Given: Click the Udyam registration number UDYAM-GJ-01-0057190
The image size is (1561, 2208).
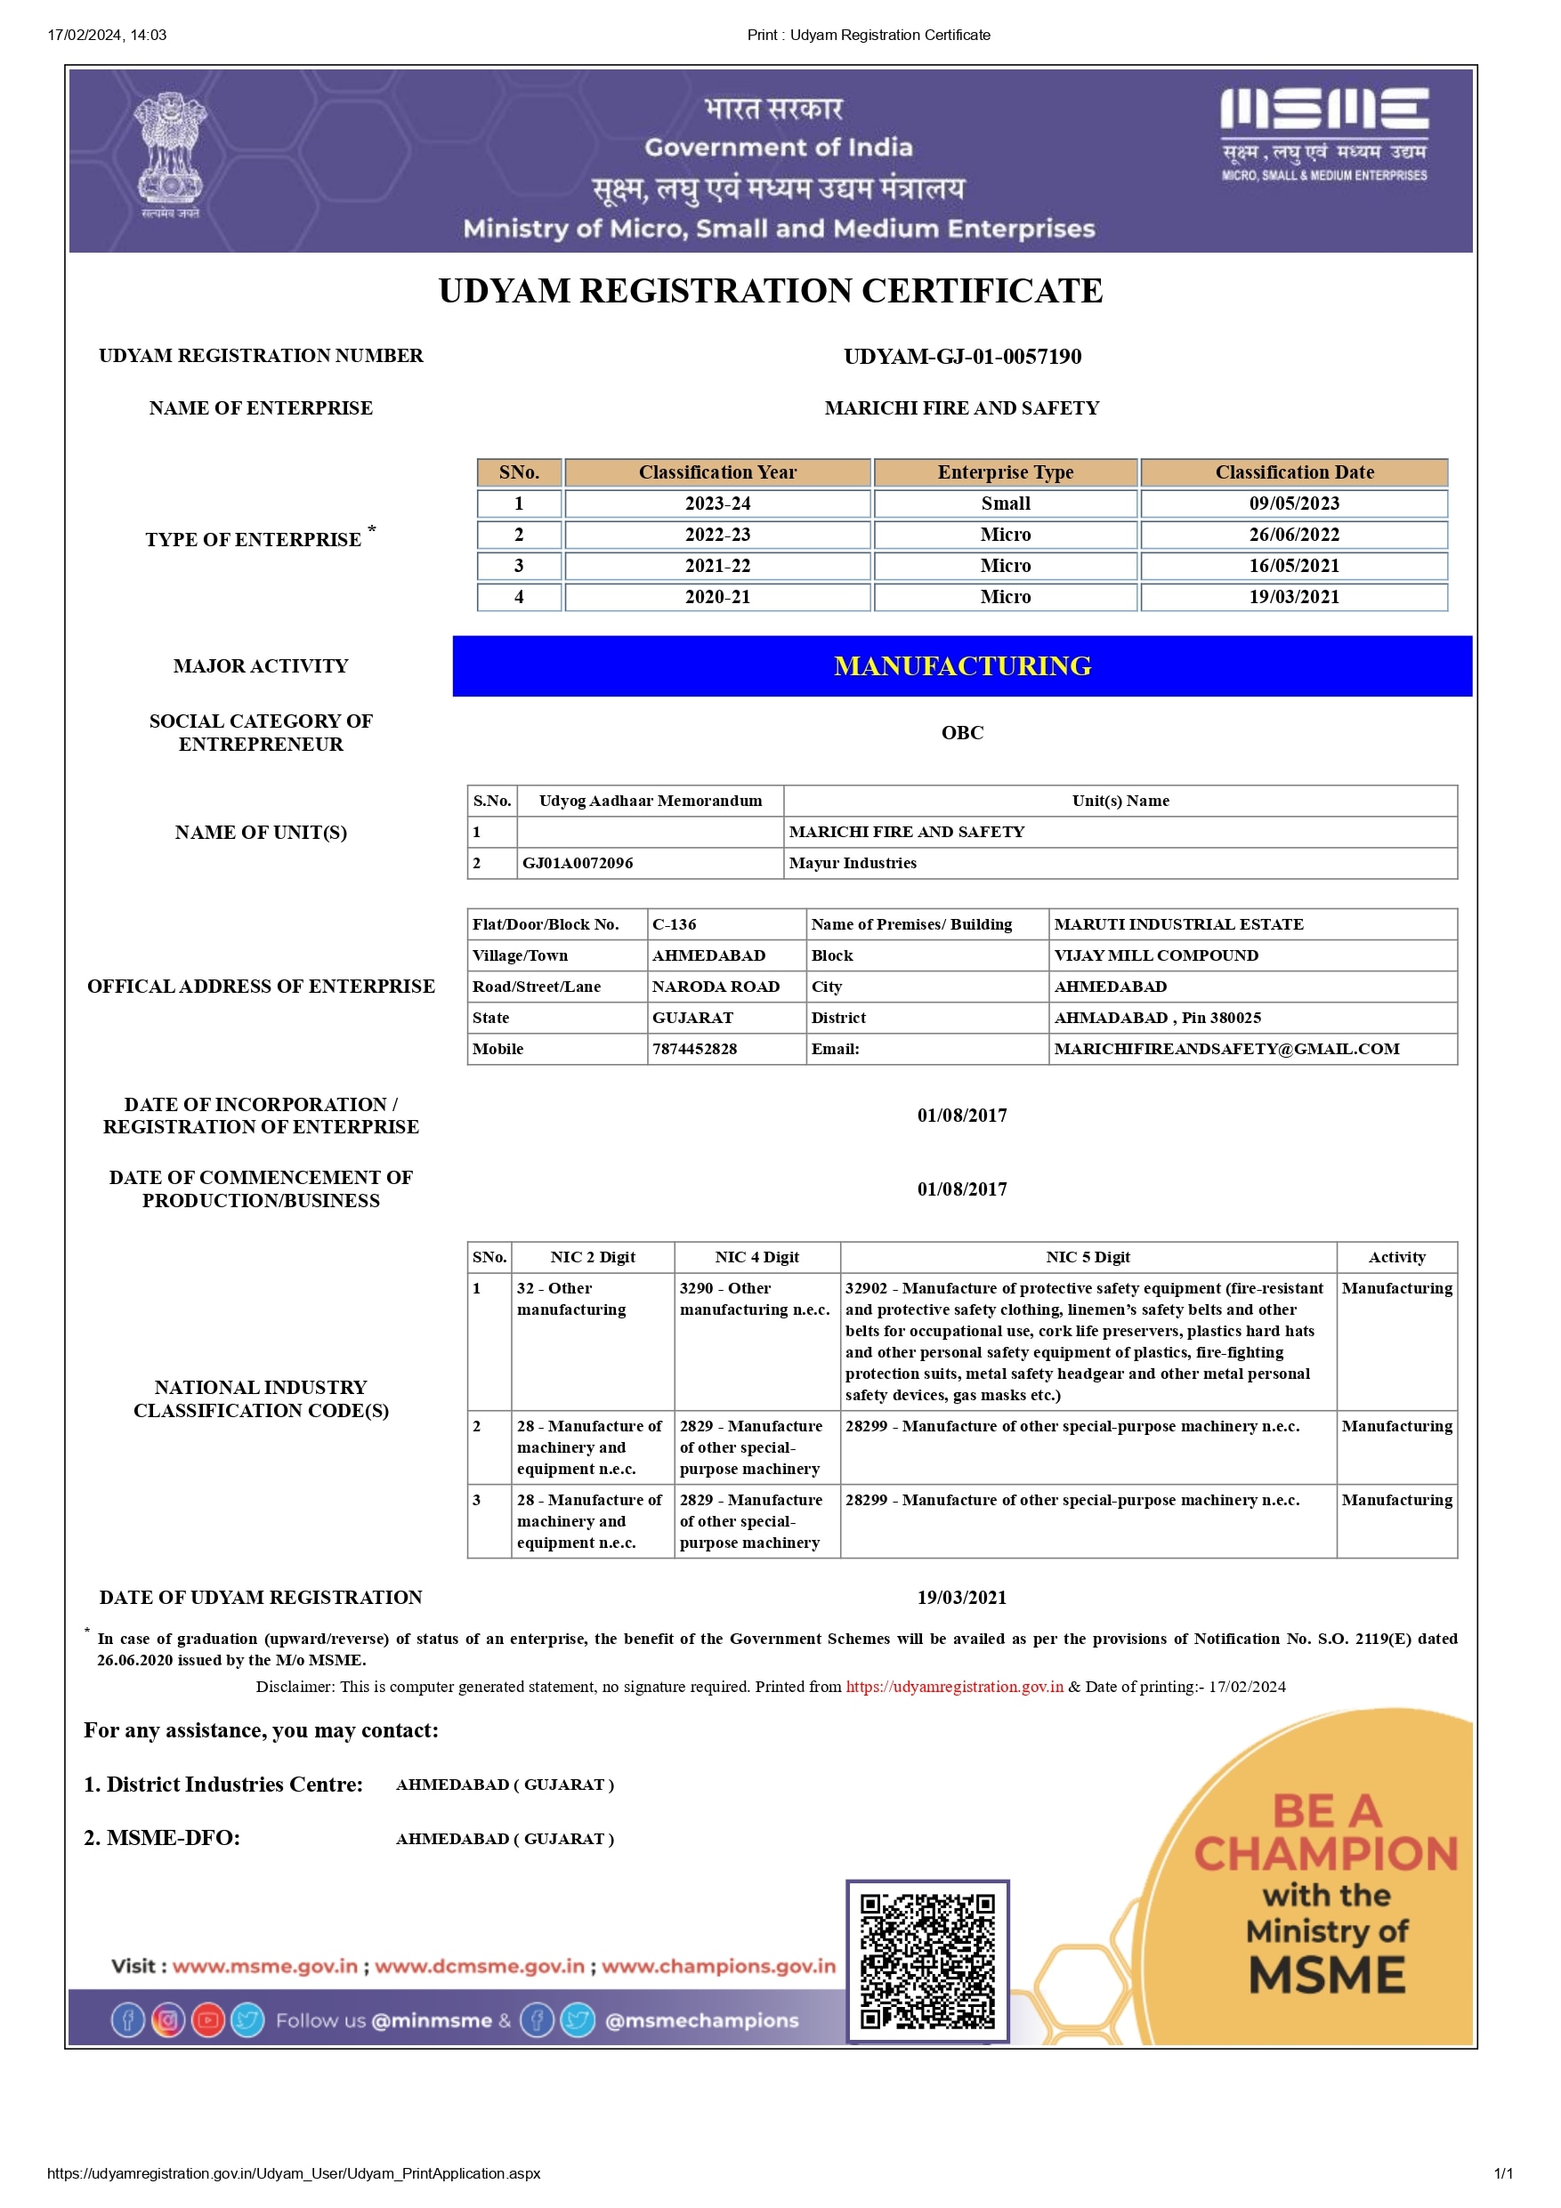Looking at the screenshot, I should click(x=962, y=357).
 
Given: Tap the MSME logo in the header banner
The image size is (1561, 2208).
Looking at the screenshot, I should click(x=1323, y=134).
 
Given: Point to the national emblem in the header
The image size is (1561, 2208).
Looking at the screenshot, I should click(x=170, y=154).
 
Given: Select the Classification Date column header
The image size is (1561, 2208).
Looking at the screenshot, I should click(x=1294, y=472).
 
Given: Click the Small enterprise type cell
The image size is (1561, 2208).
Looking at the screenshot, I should click(x=1005, y=503).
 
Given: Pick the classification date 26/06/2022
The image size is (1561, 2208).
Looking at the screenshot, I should click(x=1294, y=535).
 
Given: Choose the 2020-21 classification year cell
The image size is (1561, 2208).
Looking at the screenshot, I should click(x=717, y=596).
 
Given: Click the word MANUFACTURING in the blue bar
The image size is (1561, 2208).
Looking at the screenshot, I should click(x=962, y=665).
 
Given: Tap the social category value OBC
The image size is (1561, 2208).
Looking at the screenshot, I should click(x=962, y=733).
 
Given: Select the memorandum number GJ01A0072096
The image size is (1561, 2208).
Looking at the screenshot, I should click(x=577, y=863).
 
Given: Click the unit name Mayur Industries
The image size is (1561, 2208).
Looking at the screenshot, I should click(x=853, y=863).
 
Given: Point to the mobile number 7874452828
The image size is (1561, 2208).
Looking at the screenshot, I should click(x=694, y=1048).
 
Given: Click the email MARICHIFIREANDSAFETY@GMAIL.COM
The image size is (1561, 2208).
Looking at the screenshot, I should click(x=1226, y=1048).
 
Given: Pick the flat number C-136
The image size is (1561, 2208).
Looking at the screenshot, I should click(x=675, y=924).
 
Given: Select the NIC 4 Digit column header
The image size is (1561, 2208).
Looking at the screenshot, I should click(x=757, y=1257).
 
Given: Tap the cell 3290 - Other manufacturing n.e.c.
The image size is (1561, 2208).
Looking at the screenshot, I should click(x=755, y=1298).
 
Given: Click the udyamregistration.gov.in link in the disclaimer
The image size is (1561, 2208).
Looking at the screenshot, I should click(x=954, y=1686).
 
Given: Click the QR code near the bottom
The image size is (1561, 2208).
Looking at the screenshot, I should click(x=927, y=1960).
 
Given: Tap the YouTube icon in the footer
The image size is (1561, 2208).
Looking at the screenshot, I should click(x=207, y=2019).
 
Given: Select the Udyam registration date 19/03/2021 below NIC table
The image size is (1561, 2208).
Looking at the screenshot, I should click(x=962, y=1598).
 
